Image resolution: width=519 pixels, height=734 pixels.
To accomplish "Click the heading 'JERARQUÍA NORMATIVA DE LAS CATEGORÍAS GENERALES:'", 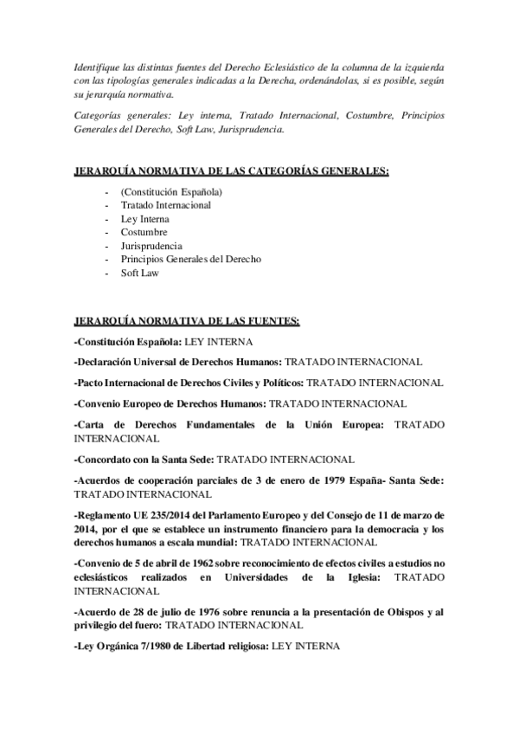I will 232,171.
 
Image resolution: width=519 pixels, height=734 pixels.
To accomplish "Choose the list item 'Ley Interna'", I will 145,219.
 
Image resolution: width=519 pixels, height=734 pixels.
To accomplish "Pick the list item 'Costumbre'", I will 144,232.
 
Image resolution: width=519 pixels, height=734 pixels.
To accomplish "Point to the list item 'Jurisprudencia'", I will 151,246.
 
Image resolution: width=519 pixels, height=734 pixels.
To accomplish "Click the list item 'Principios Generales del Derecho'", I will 191,259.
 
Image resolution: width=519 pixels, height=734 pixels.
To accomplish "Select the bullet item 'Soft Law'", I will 141,273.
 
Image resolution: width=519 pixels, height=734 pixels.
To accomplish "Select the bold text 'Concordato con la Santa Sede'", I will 145,459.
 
